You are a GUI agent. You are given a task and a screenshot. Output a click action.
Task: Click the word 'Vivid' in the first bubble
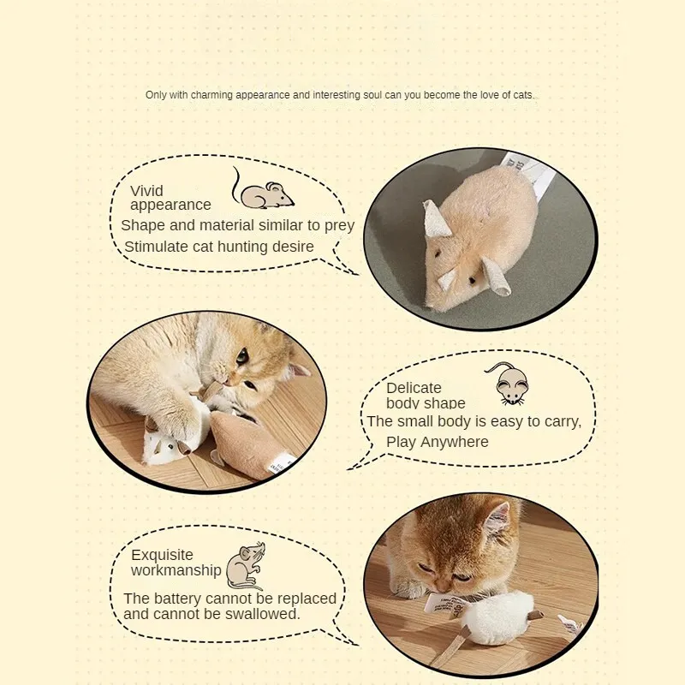[146, 191]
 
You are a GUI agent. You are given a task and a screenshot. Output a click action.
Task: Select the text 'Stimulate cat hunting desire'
[219, 247]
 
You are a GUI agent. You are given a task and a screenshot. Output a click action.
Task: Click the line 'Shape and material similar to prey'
[237, 225]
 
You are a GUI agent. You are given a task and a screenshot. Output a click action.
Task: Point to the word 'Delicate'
[414, 388]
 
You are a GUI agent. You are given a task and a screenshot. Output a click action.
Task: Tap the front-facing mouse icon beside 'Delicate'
[510, 384]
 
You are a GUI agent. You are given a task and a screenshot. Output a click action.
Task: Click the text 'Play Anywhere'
[438, 442]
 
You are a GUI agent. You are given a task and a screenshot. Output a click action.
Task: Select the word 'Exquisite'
[162, 555]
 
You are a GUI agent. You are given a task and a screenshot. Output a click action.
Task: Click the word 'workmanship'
[176, 570]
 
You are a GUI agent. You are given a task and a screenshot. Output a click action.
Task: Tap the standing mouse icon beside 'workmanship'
[245, 564]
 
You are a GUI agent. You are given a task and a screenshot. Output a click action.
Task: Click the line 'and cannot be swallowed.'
[211, 614]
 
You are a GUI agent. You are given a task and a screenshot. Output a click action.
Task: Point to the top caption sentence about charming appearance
[340, 95]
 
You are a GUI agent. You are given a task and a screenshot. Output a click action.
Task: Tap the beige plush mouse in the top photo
[475, 240]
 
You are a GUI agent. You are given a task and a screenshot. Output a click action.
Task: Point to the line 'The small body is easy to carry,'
[474, 421]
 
